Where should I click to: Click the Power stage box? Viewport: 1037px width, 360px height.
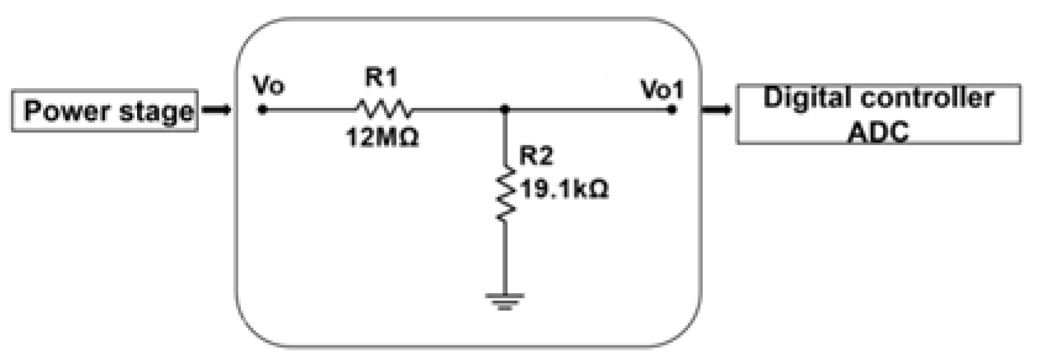[105, 111]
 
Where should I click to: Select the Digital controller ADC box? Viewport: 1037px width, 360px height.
[878, 114]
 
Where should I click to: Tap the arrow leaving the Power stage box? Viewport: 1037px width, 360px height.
[217, 111]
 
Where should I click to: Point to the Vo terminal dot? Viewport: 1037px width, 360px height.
[262, 111]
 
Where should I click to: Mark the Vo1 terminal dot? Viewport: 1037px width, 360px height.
[672, 111]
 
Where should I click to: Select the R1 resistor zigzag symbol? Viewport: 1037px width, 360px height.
[383, 110]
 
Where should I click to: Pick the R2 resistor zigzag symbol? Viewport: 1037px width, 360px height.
[506, 193]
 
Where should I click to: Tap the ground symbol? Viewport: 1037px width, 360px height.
[505, 301]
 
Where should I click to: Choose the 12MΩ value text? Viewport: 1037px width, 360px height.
[382, 137]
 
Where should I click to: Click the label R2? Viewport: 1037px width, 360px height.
[535, 156]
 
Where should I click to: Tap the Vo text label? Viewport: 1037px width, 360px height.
[269, 86]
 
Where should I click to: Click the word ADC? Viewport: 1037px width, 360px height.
[878, 132]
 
